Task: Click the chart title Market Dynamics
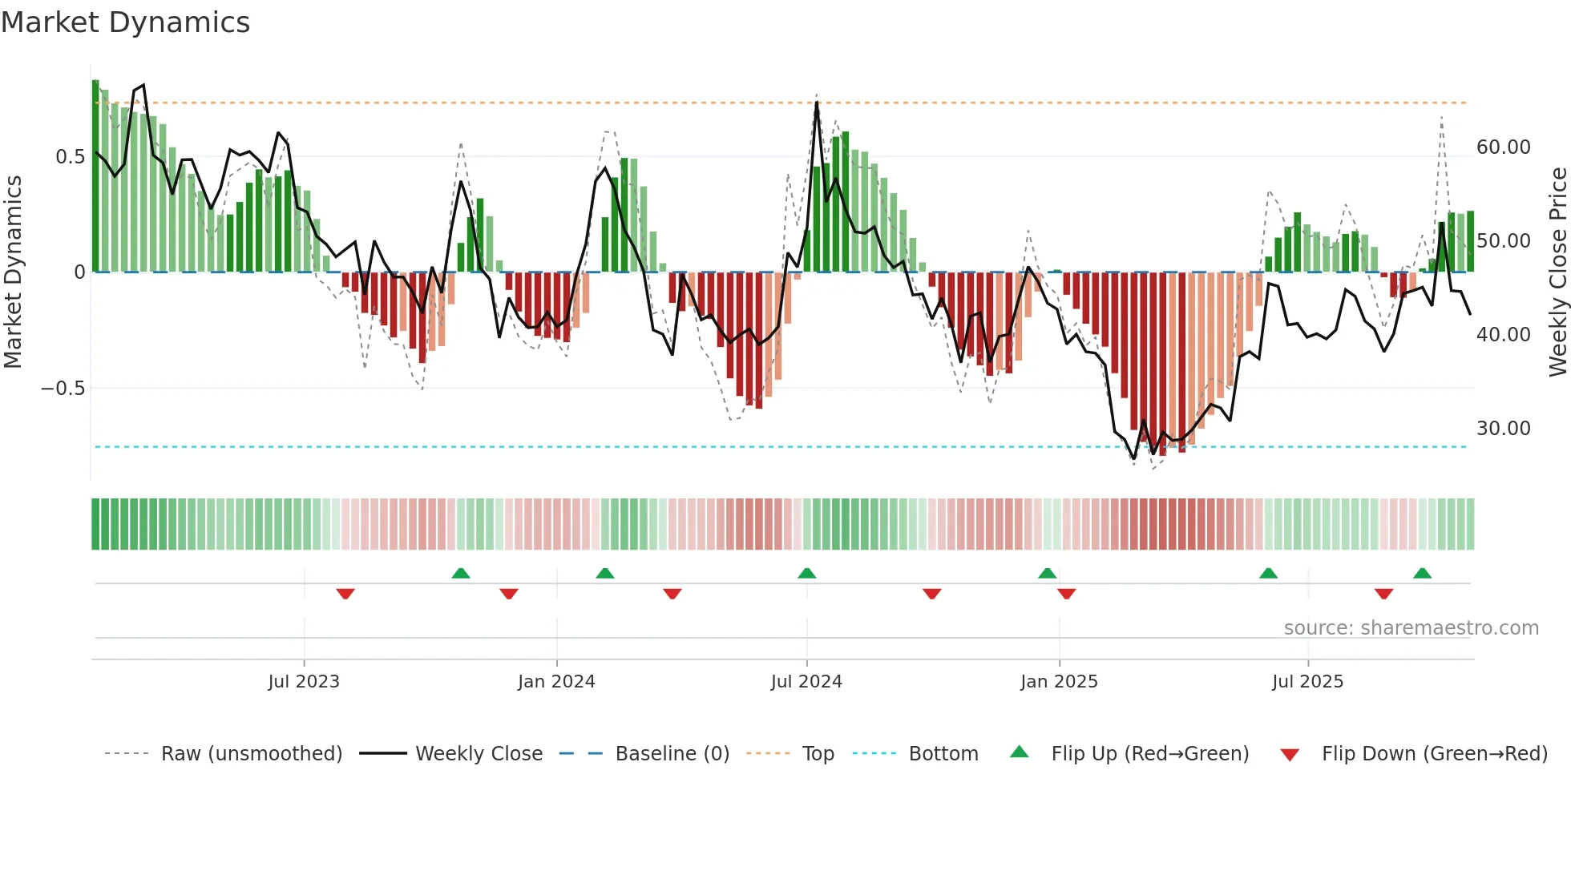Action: (x=125, y=22)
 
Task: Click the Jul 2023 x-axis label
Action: (x=304, y=682)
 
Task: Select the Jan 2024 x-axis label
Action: (x=556, y=682)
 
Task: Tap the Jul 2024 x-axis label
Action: (x=806, y=682)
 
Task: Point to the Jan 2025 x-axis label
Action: (x=1059, y=682)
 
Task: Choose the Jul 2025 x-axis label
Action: (x=1307, y=682)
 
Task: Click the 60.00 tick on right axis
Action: (x=1503, y=147)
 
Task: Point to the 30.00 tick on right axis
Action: (x=1503, y=429)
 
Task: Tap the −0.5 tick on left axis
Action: (x=63, y=389)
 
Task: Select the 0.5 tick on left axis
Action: (x=70, y=157)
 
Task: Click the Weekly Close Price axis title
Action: (x=1557, y=272)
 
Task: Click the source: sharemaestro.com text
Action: (x=1411, y=628)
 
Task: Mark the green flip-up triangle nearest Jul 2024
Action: (x=807, y=574)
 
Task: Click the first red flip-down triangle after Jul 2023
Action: (x=345, y=594)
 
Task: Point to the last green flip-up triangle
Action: (x=1422, y=574)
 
